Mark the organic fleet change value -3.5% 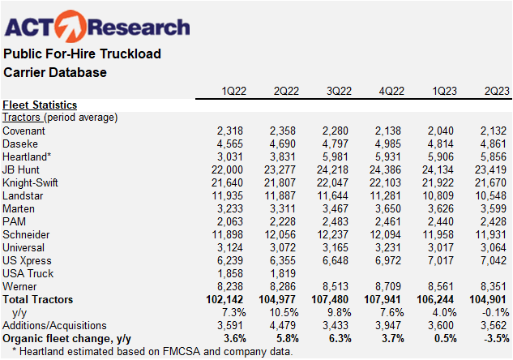(x=492, y=338)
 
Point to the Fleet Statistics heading (x=40, y=105)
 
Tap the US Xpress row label (x=28, y=259)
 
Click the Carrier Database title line (x=55, y=73)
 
